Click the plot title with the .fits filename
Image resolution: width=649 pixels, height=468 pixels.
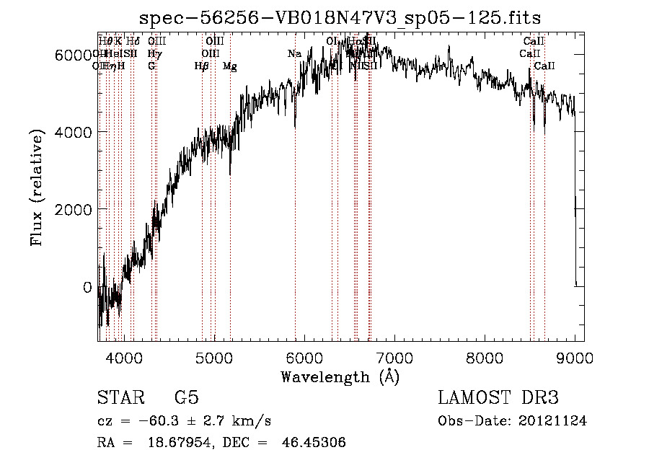click(x=340, y=17)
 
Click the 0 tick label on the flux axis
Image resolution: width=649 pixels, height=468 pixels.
click(x=88, y=287)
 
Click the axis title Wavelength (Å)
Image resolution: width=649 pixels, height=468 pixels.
click(x=340, y=376)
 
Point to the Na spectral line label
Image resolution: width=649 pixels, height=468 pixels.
click(x=294, y=54)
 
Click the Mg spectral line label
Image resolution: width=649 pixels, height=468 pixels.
click(x=230, y=66)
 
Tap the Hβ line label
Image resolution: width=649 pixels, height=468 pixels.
click(x=202, y=66)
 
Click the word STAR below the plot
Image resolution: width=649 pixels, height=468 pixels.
click(x=119, y=399)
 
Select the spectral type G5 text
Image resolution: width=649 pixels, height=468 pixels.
click(x=187, y=399)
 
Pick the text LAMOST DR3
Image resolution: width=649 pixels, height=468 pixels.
click(x=498, y=399)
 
